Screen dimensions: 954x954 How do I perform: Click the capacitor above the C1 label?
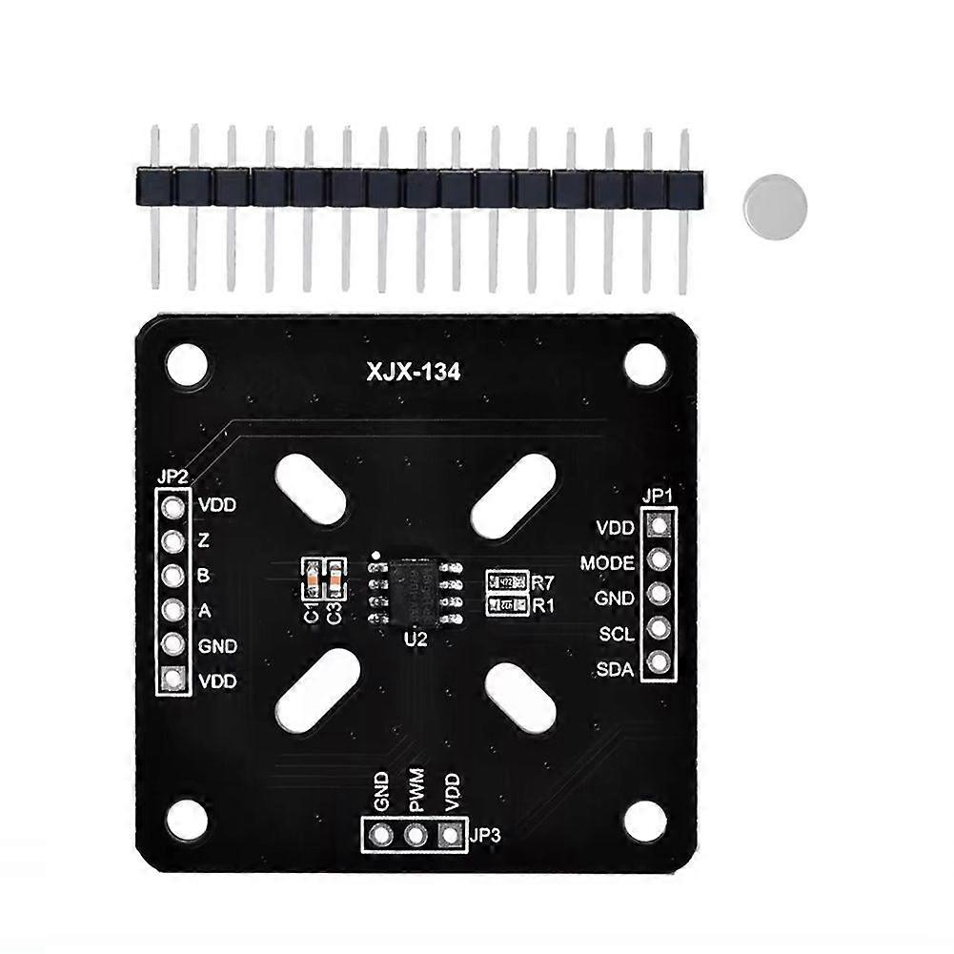pyautogui.click(x=312, y=575)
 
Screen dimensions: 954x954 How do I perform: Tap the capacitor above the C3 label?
pyautogui.click(x=334, y=575)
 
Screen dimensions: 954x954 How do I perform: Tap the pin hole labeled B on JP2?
pyautogui.click(x=173, y=576)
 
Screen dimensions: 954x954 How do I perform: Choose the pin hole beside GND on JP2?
pyautogui.click(x=173, y=644)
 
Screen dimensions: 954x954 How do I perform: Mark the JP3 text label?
pyautogui.click(x=485, y=836)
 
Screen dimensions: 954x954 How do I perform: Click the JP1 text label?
pyautogui.click(x=658, y=496)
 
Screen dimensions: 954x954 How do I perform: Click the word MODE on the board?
pyautogui.click(x=607, y=563)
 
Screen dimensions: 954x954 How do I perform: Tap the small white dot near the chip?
pyautogui.click(x=377, y=554)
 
